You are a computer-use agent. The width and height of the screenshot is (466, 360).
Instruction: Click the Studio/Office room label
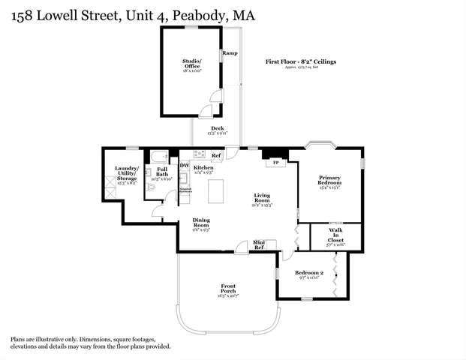pyautogui.click(x=191, y=64)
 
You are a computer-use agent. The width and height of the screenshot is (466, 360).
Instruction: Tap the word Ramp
pyautogui.click(x=230, y=54)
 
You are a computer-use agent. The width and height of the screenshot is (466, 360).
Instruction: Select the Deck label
pyautogui.click(x=217, y=129)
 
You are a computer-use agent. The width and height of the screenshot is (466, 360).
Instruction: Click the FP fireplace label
pyautogui.click(x=275, y=162)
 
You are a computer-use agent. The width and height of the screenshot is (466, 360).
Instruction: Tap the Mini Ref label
pyautogui.click(x=259, y=244)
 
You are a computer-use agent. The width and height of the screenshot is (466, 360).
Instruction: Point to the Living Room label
pyautogui.click(x=261, y=198)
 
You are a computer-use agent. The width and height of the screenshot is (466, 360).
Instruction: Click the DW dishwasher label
pyautogui.click(x=184, y=165)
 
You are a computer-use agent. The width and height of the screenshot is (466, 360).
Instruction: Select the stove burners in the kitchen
pyautogui.click(x=200, y=154)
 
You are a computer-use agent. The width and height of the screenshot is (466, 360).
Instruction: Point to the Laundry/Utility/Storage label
pyautogui.click(x=125, y=173)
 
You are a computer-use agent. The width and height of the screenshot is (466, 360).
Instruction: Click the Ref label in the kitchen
pyautogui.click(x=216, y=156)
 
